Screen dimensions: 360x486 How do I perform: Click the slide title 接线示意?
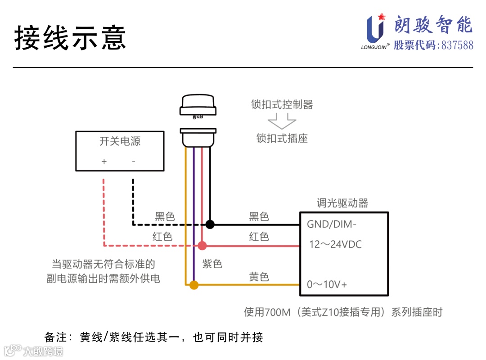70,37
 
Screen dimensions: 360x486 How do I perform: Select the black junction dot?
210,224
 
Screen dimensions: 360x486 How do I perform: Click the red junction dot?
202,246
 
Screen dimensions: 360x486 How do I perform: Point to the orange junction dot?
193,285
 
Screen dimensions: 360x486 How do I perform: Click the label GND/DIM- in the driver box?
332,224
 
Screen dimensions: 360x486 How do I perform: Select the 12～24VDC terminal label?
336,244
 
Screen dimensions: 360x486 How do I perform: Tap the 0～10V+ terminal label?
327,284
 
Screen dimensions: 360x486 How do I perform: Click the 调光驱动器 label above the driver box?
342,203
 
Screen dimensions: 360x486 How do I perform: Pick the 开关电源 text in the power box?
120,141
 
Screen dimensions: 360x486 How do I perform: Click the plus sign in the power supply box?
104,162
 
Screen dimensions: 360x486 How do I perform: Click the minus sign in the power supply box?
133,162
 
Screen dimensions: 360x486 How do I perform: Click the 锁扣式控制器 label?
282,105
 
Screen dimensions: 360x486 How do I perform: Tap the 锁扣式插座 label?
282,138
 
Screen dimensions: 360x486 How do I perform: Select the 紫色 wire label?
212,264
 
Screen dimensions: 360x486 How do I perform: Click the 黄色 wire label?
259,276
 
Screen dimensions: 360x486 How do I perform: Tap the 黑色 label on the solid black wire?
259,216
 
